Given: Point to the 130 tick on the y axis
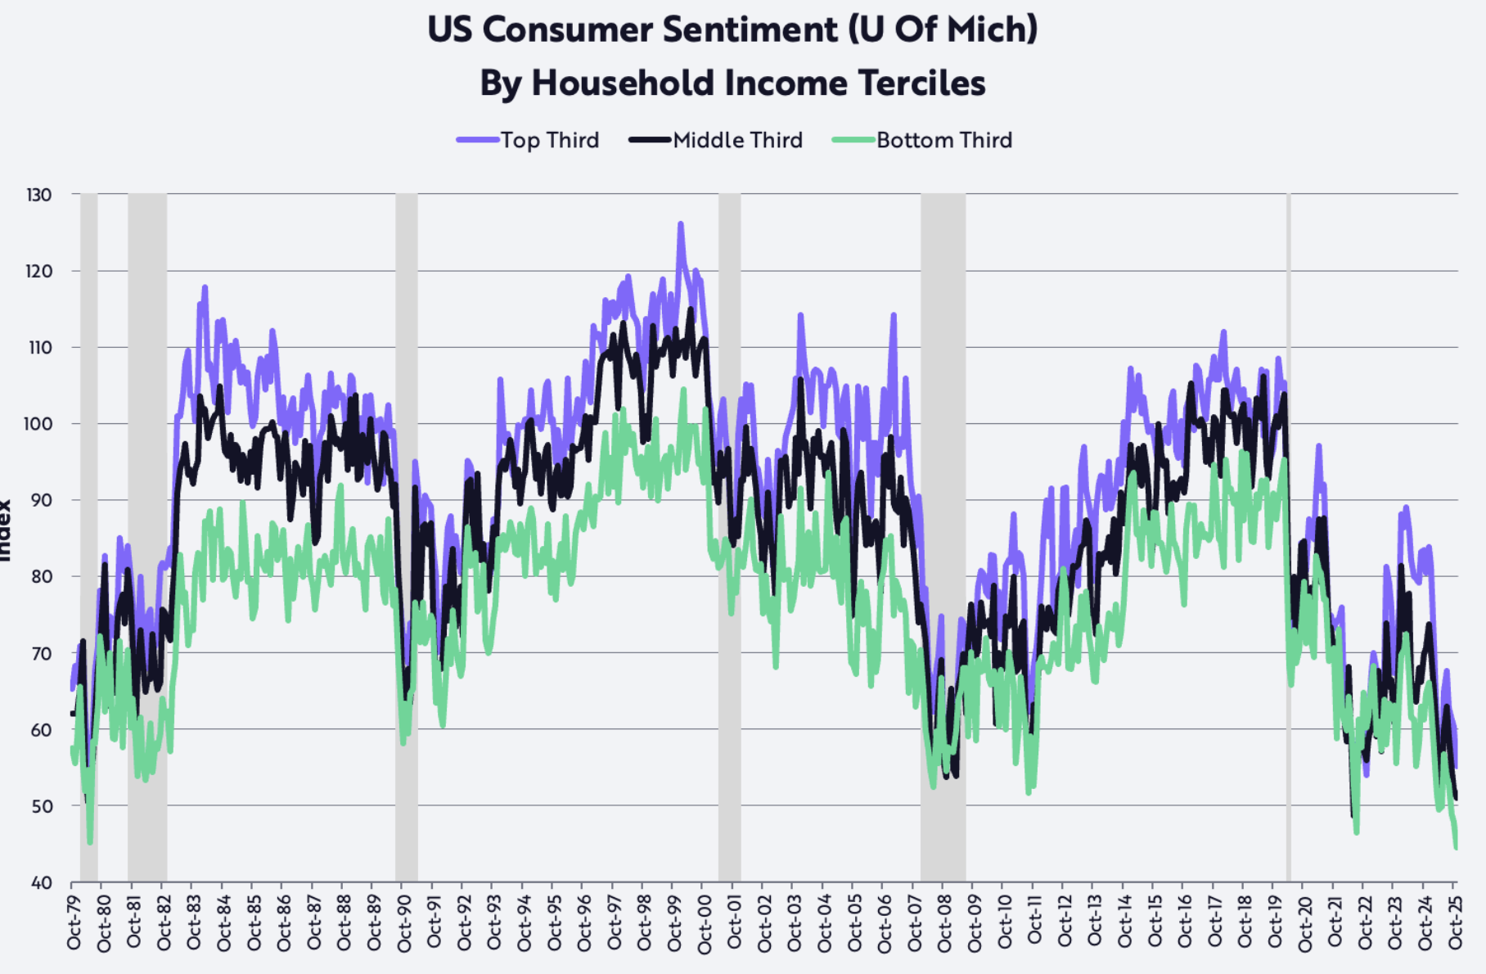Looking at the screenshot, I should [38, 195].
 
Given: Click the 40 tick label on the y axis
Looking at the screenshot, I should [41, 882].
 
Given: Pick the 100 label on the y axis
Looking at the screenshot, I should [38, 424].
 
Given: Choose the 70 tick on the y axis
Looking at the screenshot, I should [40, 653].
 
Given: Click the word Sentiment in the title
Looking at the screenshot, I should [750, 30].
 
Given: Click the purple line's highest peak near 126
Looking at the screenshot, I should [680, 223].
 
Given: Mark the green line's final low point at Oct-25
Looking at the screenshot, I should [1456, 847].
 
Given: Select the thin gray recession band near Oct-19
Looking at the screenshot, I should [1289, 532].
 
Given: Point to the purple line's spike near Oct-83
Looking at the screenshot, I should [205, 287].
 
